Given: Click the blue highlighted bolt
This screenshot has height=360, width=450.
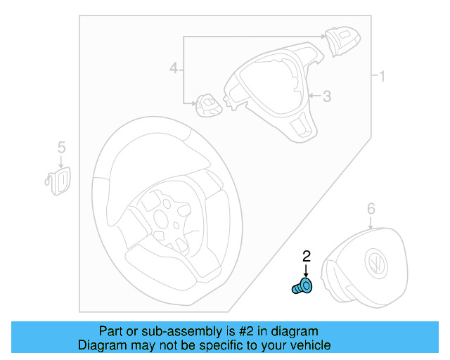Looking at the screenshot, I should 302,286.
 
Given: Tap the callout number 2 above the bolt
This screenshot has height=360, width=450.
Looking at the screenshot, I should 306,256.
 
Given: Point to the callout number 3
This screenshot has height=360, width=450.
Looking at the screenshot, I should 326,96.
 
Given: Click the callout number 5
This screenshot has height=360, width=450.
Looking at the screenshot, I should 61,147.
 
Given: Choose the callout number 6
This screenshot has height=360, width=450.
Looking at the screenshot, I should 371,208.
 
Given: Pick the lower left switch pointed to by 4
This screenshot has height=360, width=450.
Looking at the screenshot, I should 207,105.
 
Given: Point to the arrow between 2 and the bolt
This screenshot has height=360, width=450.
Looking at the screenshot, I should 306,271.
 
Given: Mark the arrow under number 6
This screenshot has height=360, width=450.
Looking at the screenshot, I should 371,222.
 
